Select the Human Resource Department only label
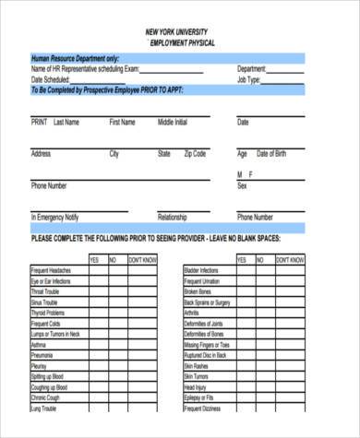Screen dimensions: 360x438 pyautogui.click(x=74, y=58)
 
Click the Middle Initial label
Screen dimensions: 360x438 pyautogui.click(x=173, y=122)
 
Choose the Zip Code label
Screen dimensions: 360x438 pyautogui.click(x=195, y=154)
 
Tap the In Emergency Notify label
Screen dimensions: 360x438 pyautogui.click(x=55, y=218)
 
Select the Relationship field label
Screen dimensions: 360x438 pyautogui.click(x=172, y=218)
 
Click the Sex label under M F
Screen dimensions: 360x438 pyautogui.click(x=242, y=185)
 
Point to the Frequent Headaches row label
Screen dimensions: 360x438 pyautogui.click(x=52, y=271)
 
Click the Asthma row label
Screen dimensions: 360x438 pyautogui.click(x=40, y=344)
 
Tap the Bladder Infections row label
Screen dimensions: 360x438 pyautogui.click(x=204, y=271)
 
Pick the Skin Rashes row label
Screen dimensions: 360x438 pyautogui.click(x=197, y=365)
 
